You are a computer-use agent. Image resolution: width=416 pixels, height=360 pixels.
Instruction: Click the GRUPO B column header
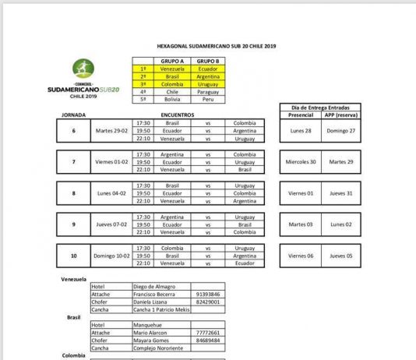(206, 60)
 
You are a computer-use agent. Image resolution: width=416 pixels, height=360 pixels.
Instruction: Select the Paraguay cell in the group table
(206, 91)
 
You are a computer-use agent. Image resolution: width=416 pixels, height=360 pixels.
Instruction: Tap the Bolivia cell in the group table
(172, 99)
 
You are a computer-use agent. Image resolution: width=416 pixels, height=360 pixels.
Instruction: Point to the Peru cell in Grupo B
(206, 99)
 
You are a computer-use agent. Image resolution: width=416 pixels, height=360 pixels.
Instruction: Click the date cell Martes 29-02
(109, 130)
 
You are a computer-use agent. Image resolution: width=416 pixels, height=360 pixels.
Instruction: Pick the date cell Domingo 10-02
(109, 255)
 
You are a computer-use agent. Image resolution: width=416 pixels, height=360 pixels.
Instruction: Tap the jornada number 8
(74, 192)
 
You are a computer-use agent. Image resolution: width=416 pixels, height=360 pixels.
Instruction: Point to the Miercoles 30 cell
(300, 161)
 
